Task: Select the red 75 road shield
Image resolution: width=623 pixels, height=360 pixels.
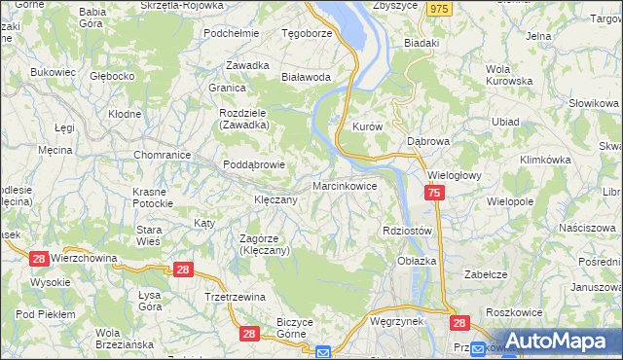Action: tap(434, 196)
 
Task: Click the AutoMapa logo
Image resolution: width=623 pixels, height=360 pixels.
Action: tap(564, 341)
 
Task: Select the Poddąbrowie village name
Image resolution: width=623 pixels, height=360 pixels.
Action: tap(254, 164)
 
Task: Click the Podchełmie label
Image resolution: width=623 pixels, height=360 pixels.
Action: tap(231, 32)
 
